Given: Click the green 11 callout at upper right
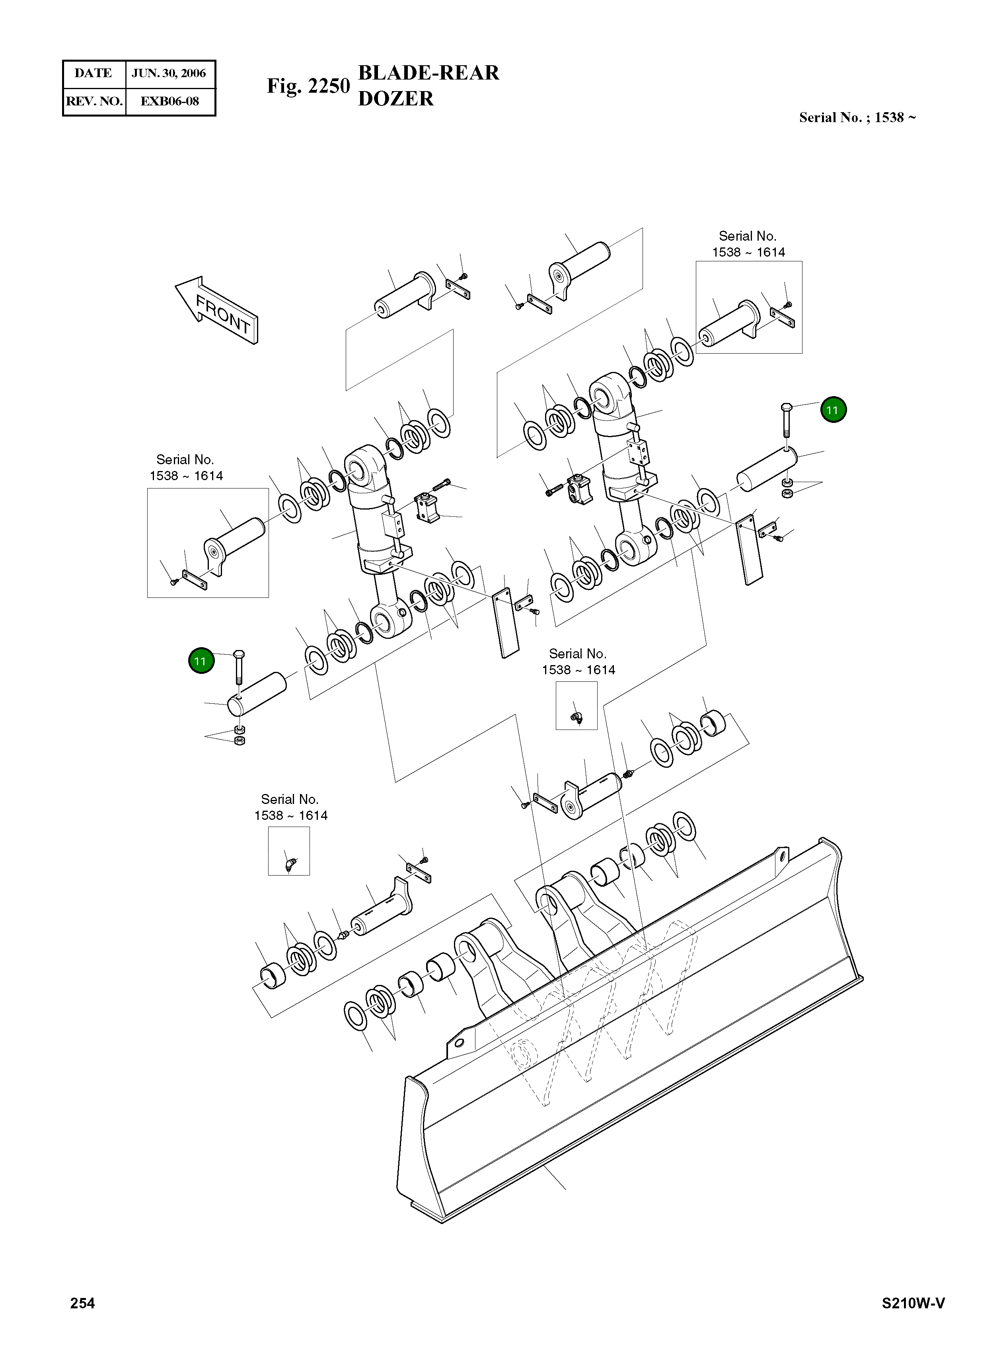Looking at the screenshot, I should [832, 410].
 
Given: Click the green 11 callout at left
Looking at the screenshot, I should [201, 661].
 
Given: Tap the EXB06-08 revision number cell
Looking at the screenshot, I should [170, 101].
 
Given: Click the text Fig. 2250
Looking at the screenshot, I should [308, 86].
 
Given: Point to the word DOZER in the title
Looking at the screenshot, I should [395, 99].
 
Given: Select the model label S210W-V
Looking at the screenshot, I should [913, 1303].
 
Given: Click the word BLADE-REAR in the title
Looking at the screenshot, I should [428, 73].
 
